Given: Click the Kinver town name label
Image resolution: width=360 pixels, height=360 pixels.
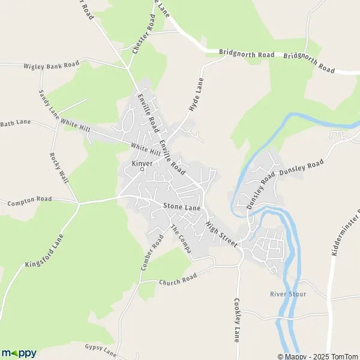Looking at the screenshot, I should (142, 163).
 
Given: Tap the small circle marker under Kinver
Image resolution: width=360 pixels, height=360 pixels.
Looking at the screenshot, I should (142, 170).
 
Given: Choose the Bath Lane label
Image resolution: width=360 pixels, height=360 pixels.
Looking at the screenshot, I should (15, 122).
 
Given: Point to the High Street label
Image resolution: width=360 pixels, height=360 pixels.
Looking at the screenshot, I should (221, 232).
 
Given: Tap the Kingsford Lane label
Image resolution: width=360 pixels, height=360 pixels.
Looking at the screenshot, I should (44, 251).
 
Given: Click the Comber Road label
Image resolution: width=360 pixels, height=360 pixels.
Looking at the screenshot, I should (152, 253).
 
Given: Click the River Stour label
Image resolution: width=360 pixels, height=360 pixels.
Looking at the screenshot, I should (287, 294).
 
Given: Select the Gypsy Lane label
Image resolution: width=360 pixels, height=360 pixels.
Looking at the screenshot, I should (100, 349).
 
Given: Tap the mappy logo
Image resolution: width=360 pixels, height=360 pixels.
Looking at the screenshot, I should (19, 353).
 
